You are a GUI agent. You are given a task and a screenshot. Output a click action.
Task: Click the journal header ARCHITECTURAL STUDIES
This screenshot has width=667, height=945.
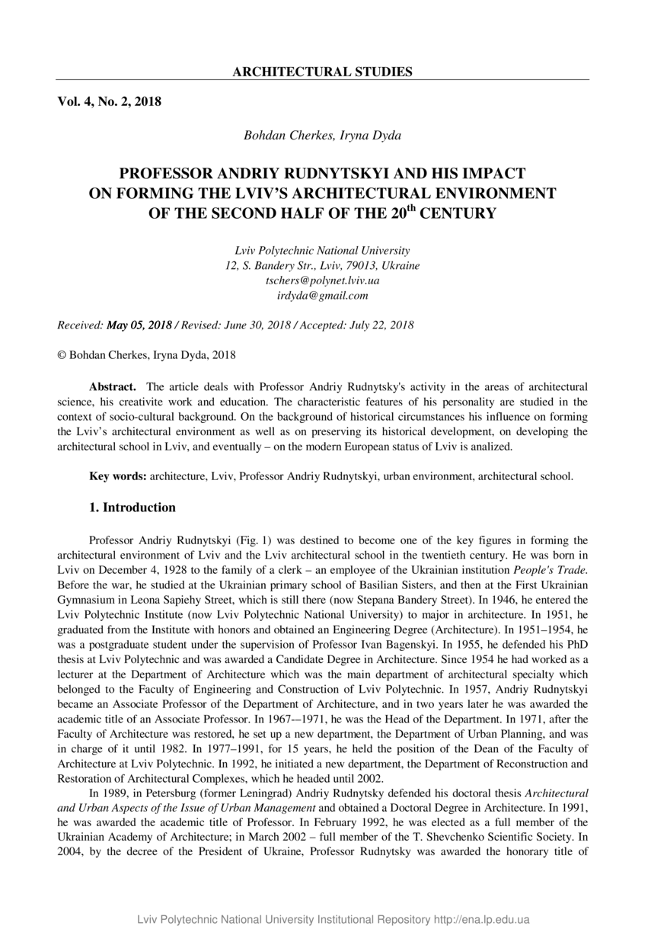pyautogui.click(x=322, y=72)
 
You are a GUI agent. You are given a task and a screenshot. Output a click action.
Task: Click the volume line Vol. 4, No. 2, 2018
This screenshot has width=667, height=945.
pyautogui.click(x=109, y=101)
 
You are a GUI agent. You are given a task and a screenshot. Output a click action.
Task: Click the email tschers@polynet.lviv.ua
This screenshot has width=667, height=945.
pyautogui.click(x=322, y=280)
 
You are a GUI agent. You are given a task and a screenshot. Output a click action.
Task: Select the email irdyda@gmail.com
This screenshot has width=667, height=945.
pyautogui.click(x=322, y=296)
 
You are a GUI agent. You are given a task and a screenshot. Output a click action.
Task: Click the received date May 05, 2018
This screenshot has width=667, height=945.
pyautogui.click(x=139, y=325)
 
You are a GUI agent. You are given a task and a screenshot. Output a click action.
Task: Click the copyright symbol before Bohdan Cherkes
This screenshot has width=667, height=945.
pyautogui.click(x=62, y=355)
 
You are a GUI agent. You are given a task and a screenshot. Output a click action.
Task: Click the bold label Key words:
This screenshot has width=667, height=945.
pyautogui.click(x=118, y=476)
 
